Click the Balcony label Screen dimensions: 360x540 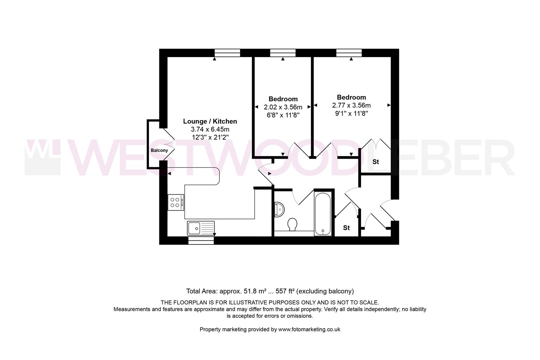tap(159, 150)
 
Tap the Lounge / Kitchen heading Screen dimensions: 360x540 tap(210, 121)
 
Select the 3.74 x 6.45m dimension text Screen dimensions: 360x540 tap(210, 129)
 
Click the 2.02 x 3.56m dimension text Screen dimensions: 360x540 tap(283, 107)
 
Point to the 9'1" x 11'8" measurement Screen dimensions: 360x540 tap(351, 113)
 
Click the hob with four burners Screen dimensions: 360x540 tap(176, 202)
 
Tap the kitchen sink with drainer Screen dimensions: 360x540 tap(201, 228)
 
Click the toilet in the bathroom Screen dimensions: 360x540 tap(292, 224)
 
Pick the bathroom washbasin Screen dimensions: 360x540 tap(279, 209)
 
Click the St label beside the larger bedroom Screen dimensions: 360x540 tap(376, 162)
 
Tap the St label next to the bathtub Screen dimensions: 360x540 tap(346, 228)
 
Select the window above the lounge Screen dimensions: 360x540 tap(227, 53)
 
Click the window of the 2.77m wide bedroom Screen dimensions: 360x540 tap(349, 53)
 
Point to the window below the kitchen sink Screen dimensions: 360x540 tap(201, 241)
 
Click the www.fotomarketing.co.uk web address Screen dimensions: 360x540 tap(309, 329)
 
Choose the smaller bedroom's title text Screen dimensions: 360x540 tap(283, 99)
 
